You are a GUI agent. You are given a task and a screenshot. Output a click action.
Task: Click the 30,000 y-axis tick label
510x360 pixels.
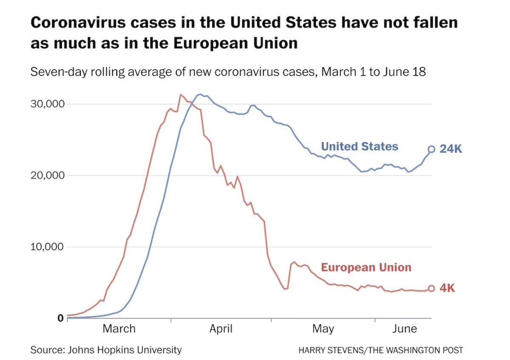(47, 104)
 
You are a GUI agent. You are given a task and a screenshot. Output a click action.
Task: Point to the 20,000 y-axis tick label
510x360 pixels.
(47, 176)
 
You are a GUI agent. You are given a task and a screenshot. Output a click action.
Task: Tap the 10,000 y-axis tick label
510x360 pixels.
(47, 247)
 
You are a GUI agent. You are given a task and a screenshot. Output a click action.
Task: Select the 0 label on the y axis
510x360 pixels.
(60, 318)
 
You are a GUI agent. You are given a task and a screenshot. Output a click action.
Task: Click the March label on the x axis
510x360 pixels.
(119, 329)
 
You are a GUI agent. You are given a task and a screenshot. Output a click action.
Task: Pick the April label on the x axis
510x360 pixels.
(221, 329)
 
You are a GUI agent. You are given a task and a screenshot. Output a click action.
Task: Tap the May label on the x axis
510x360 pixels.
(323, 329)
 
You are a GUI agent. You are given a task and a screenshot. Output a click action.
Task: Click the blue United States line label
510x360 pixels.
(360, 147)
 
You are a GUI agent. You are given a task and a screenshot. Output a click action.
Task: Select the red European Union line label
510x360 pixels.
(366, 267)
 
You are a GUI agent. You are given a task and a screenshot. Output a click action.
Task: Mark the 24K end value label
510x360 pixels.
(450, 149)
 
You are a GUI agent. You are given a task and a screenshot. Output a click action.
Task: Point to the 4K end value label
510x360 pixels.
(447, 288)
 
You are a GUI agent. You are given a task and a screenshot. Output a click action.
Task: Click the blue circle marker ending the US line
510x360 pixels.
(431, 149)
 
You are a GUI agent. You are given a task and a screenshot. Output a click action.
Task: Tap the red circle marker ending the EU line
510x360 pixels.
(431, 288)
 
